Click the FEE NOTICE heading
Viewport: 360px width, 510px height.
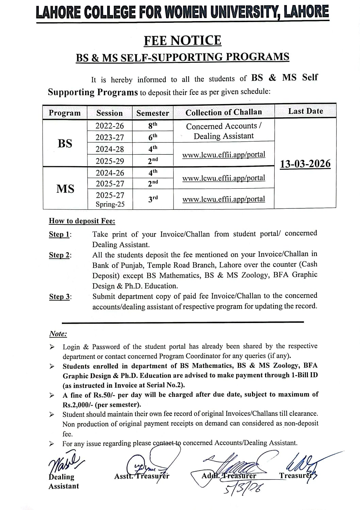pos(182,40)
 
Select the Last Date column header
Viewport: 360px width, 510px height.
pos(305,111)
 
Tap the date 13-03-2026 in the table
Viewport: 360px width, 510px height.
pos(305,164)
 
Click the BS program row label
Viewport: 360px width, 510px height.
pos(65,143)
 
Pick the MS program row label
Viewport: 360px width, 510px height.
pos(65,188)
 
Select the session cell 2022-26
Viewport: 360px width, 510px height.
pos(110,126)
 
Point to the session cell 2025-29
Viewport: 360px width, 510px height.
pos(110,161)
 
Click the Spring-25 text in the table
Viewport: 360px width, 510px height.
pos(110,204)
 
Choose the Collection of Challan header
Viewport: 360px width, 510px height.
pos(224,112)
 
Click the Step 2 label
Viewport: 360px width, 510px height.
pos(60,255)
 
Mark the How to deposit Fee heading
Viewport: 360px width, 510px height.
pos(82,221)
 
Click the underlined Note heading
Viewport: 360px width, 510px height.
pos(58,334)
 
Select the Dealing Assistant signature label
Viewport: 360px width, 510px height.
pos(63,481)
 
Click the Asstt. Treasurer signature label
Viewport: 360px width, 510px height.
pos(142,476)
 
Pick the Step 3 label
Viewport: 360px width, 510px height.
pos(60,297)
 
